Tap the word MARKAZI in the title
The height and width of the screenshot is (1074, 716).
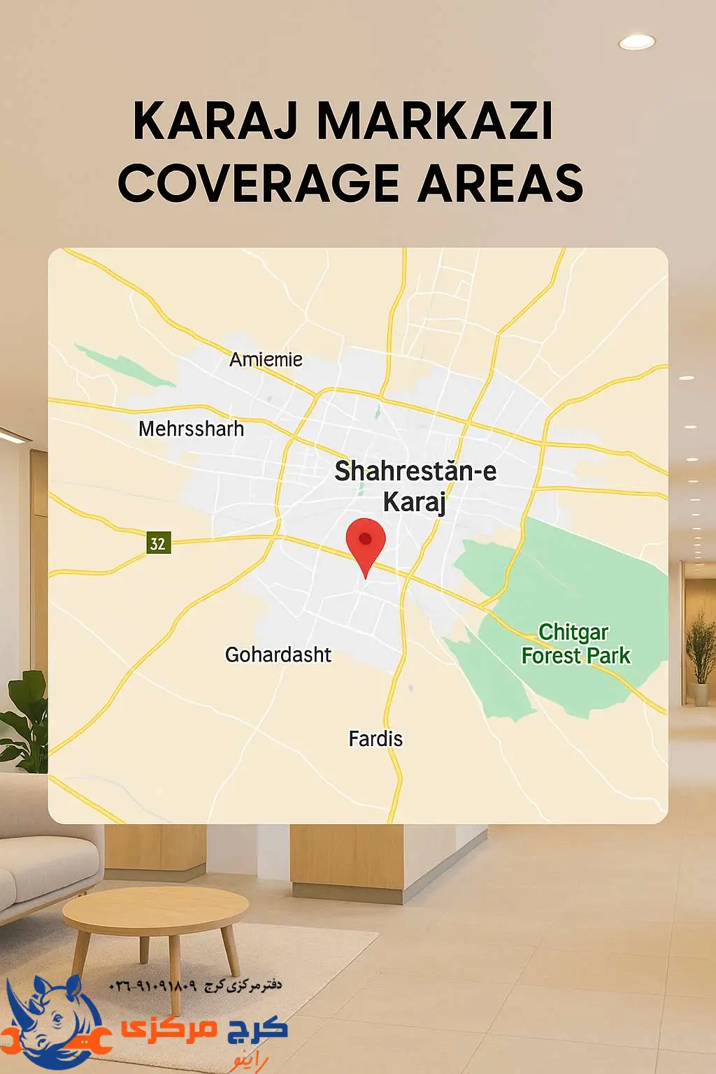tap(435, 121)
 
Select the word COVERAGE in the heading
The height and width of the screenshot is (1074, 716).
tap(259, 184)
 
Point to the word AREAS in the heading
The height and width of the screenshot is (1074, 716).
tap(501, 184)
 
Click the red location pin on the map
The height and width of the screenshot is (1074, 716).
tap(366, 542)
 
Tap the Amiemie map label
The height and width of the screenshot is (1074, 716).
tap(266, 359)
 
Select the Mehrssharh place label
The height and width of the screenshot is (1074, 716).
tap(191, 429)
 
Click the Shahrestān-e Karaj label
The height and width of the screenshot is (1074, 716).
tap(415, 485)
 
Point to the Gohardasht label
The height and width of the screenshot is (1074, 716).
tap(278, 655)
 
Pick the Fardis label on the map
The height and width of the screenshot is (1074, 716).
tap(375, 739)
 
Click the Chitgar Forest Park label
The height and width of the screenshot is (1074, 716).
tap(575, 644)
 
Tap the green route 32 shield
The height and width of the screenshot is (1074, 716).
tap(158, 543)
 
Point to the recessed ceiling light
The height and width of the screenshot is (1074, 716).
tap(636, 42)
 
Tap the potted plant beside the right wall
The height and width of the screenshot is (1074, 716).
tap(700, 657)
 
